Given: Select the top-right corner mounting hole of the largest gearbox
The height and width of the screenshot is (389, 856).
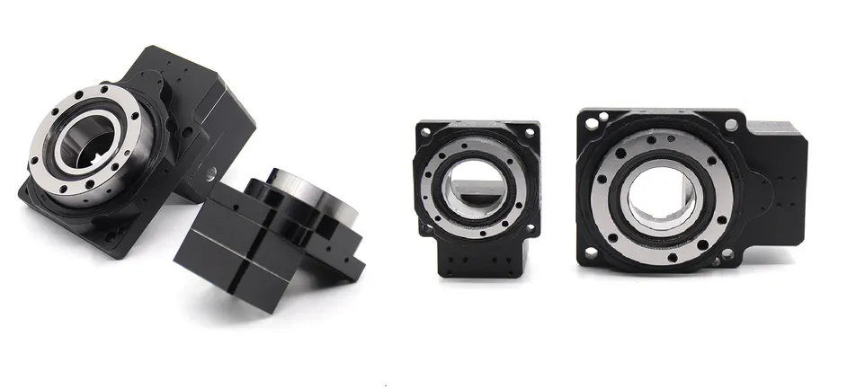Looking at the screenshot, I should [x=732, y=125].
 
